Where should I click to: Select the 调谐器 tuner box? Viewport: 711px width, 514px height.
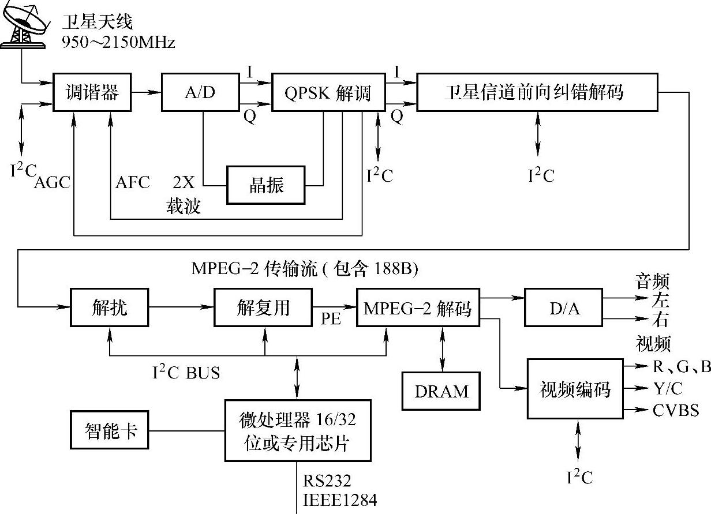click(92, 92)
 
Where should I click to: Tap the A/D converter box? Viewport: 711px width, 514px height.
click(200, 92)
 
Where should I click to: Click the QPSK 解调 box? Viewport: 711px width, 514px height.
click(328, 92)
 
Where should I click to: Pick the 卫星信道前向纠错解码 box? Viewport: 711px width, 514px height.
click(537, 92)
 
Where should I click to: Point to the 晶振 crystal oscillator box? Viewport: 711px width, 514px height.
click(265, 185)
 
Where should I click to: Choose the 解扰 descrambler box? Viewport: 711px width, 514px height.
click(109, 307)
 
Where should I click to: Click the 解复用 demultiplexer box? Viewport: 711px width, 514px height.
click(263, 307)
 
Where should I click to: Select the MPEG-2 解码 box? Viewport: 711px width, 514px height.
click(418, 307)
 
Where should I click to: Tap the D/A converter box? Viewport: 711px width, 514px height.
click(563, 307)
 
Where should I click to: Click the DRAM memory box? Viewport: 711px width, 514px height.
click(441, 391)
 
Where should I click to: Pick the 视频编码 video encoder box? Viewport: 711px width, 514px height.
click(575, 389)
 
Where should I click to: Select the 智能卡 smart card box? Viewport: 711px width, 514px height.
click(109, 430)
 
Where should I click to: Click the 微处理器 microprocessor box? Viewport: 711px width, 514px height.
click(298, 430)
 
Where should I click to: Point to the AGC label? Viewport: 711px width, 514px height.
click(52, 182)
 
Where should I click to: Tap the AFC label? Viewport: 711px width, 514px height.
click(133, 182)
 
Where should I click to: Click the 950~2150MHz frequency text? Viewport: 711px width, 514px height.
click(118, 42)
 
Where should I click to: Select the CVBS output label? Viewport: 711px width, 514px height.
click(676, 410)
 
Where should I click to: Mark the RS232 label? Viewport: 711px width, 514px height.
click(327, 481)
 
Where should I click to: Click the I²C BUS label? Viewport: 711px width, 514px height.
click(186, 372)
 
